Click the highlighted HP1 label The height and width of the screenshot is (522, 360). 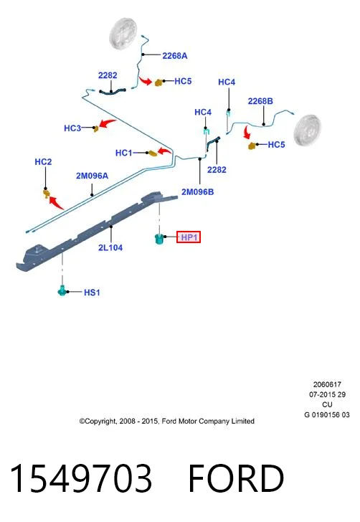click(189, 237)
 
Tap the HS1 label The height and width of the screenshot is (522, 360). click(92, 293)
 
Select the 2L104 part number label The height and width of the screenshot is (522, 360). click(110, 247)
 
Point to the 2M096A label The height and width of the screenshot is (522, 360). click(92, 176)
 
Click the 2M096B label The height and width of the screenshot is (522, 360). click(197, 192)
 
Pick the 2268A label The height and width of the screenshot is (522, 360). click(175, 56)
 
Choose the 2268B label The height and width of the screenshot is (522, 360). click(260, 101)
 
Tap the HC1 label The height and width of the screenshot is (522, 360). click(123, 153)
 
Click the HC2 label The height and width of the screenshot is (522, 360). click(43, 162)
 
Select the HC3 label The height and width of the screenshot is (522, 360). click(72, 128)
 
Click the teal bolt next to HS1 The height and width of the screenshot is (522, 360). click(62, 290)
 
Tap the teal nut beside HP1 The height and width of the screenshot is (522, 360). click(159, 238)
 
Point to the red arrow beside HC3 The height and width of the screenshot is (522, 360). click(108, 123)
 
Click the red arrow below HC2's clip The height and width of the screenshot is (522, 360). click(56, 203)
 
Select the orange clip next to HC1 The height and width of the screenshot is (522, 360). click(152, 153)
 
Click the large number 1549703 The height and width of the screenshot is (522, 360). click(81, 478)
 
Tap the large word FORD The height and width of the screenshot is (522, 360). click(236, 478)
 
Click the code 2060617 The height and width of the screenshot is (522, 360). click(327, 384)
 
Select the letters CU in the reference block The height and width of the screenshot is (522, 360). click(327, 405)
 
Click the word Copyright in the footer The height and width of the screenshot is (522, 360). click(99, 422)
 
